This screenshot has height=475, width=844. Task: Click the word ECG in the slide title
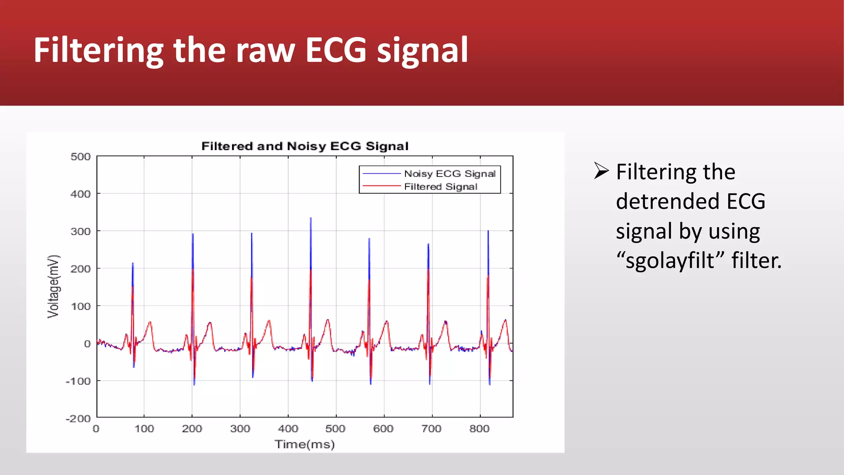pos(335,50)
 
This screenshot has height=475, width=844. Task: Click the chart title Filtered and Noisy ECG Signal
pos(305,146)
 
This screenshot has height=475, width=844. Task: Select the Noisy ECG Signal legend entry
pos(450,174)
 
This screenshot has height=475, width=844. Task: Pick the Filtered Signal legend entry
pos(441,187)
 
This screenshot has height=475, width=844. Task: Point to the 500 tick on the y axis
pos(81,157)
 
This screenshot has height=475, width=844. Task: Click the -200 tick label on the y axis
pos(78,419)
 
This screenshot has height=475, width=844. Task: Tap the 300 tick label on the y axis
pos(81,231)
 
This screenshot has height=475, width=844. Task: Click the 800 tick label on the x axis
pos(479,429)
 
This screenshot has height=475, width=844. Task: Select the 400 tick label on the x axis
pos(288,429)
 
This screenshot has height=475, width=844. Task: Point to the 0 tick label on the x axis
pos(96,429)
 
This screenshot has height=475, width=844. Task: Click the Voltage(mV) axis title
pos(54,287)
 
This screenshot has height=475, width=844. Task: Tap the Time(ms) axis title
pos(305,444)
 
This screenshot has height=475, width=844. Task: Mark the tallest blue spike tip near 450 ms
pos(311,219)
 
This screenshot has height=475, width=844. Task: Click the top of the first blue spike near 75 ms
pos(133,263)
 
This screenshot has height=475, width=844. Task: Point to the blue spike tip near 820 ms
pos(488,232)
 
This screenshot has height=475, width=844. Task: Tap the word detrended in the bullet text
pos(668,202)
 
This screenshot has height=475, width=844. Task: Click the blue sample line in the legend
pos(381,174)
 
